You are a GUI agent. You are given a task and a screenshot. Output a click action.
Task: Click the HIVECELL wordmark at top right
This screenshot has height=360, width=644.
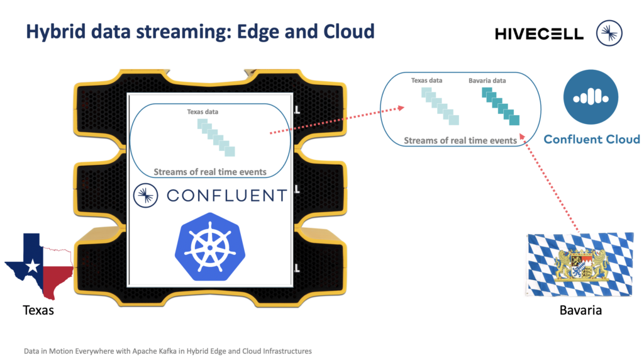pyautogui.click(x=539, y=33)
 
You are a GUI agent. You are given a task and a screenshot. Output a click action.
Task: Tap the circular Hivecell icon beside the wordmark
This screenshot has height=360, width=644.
pyautogui.click(x=609, y=33)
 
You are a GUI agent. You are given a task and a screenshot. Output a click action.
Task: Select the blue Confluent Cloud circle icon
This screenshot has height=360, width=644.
pyautogui.click(x=591, y=97)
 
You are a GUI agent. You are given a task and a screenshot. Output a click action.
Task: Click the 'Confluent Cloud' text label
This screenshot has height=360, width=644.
pyautogui.click(x=591, y=139)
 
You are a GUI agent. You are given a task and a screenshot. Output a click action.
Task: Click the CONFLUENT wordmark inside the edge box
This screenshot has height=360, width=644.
pyautogui.click(x=226, y=196)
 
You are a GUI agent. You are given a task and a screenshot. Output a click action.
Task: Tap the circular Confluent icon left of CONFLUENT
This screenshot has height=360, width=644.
pyautogui.click(x=145, y=196)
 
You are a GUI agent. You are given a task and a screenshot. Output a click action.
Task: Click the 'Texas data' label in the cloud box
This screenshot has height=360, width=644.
pyautogui.click(x=426, y=81)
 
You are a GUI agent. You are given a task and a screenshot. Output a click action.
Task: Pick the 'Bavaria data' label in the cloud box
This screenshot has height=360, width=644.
pyautogui.click(x=487, y=81)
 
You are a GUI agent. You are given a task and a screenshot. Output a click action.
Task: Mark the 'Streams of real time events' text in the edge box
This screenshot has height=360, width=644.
pyautogui.click(x=210, y=171)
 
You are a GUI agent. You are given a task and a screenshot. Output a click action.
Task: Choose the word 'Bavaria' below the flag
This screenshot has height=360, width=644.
pyautogui.click(x=580, y=310)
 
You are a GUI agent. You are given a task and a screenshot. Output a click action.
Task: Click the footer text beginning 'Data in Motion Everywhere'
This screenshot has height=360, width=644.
pyautogui.click(x=167, y=351)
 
